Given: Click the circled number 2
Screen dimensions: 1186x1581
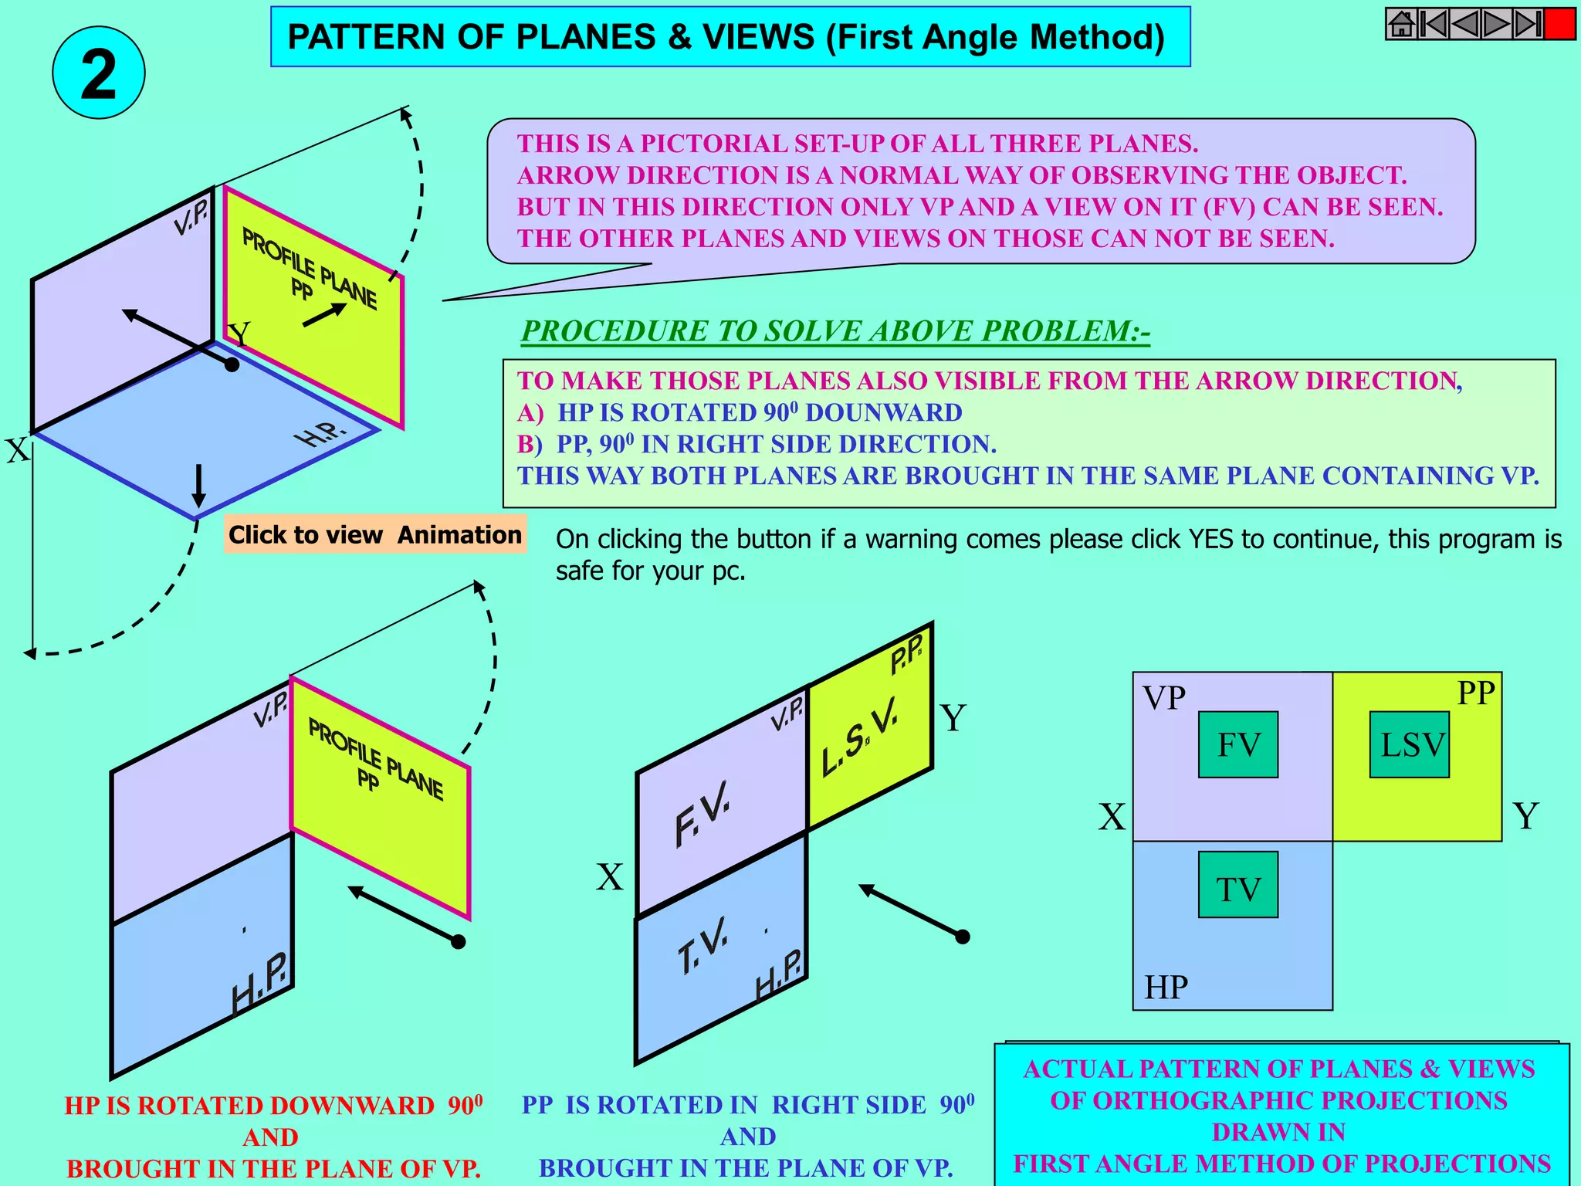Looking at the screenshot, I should tap(99, 73).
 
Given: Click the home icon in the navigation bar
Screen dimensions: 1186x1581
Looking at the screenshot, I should tap(1401, 24).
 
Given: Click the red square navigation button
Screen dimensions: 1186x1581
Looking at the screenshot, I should tap(1559, 24).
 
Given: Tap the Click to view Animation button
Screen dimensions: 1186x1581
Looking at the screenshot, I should tap(375, 534).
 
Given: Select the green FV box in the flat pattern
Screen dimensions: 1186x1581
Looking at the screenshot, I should tap(1238, 744).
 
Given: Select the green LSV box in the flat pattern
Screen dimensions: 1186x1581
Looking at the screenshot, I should tap(1410, 744).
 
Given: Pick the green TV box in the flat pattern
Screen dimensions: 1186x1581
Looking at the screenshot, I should tap(1238, 885).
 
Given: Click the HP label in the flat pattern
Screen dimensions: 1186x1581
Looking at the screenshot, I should tap(1166, 987).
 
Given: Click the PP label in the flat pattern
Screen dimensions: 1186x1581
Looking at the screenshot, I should tap(1476, 693).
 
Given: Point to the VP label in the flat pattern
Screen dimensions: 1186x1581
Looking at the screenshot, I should tap(1164, 697).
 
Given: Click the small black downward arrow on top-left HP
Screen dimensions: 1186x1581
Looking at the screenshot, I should tap(198, 485).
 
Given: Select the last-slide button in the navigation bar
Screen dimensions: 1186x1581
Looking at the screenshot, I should tap(1527, 24).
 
